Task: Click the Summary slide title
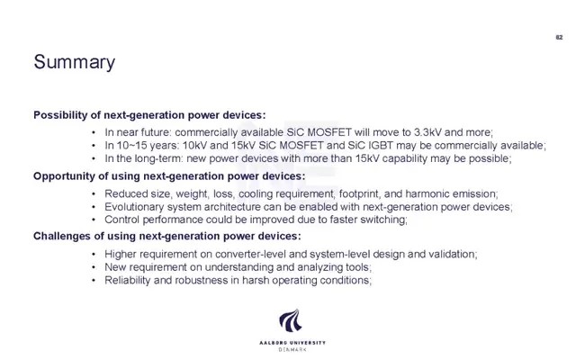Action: [x=74, y=62]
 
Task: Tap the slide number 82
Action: [x=559, y=37]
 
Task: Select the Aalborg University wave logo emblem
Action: [x=291, y=320]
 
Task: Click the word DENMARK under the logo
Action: [x=292, y=350]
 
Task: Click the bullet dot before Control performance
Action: [x=94, y=220]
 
